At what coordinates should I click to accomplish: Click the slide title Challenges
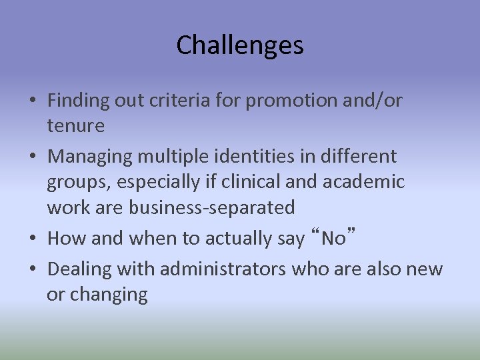[x=240, y=46]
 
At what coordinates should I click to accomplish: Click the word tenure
[x=75, y=125]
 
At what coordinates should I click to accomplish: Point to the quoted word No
[x=333, y=238]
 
